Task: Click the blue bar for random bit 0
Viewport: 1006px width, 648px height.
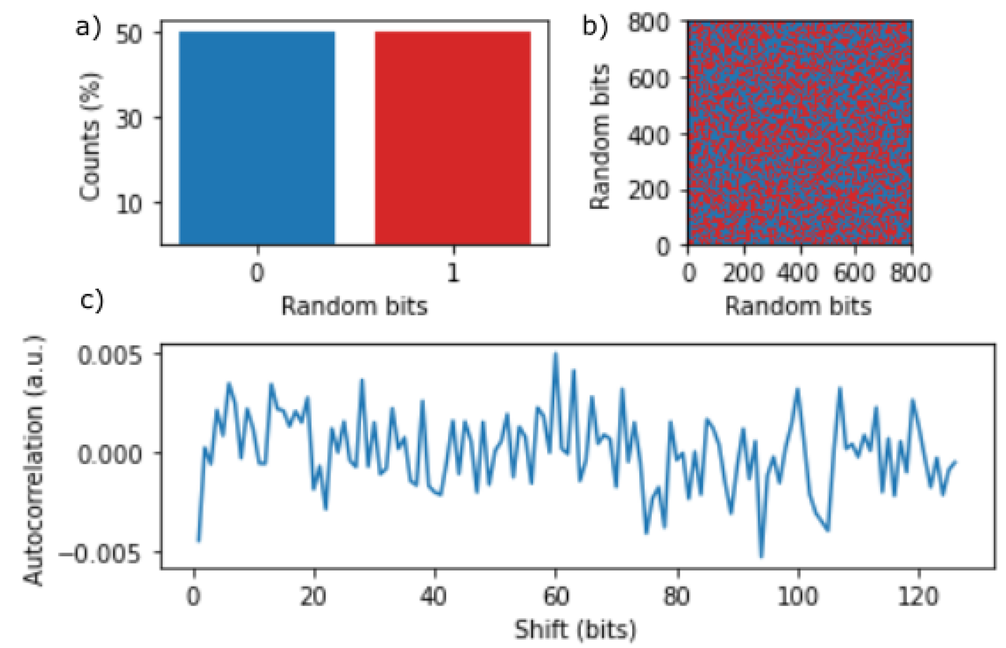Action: [257, 138]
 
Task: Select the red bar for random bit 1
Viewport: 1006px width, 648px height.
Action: [453, 138]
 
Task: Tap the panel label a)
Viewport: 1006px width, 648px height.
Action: [88, 28]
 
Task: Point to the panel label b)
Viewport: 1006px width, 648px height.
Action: [595, 26]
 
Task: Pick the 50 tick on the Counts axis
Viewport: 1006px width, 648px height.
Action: [129, 34]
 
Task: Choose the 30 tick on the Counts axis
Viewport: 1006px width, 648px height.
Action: [129, 119]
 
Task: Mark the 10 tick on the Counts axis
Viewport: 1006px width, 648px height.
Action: [129, 204]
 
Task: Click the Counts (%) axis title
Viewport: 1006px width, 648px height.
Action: [90, 136]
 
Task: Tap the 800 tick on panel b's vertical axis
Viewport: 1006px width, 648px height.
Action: [648, 22]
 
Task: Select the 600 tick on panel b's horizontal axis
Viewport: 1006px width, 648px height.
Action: [854, 273]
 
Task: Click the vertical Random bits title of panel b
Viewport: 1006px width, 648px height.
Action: [600, 136]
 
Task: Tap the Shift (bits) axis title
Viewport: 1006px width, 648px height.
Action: [575, 629]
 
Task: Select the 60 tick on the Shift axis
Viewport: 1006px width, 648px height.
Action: [556, 596]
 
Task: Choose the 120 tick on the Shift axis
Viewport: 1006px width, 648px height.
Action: [918, 596]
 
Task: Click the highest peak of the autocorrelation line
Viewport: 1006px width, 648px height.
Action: [555, 354]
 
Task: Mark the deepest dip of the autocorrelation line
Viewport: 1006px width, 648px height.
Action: [761, 556]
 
